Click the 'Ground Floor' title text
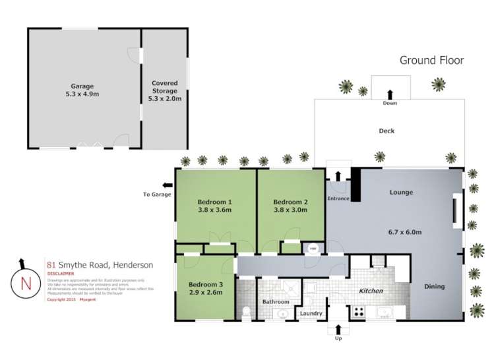(x=431, y=61)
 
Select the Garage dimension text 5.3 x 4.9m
(x=82, y=94)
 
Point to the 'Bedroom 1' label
(x=215, y=202)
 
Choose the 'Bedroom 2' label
(x=291, y=202)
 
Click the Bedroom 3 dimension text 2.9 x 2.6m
(x=204, y=294)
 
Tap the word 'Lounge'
(x=401, y=193)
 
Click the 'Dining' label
(x=434, y=287)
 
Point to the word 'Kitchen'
(x=371, y=291)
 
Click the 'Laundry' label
(x=311, y=313)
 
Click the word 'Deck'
(x=386, y=131)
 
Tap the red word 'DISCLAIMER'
(x=60, y=273)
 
